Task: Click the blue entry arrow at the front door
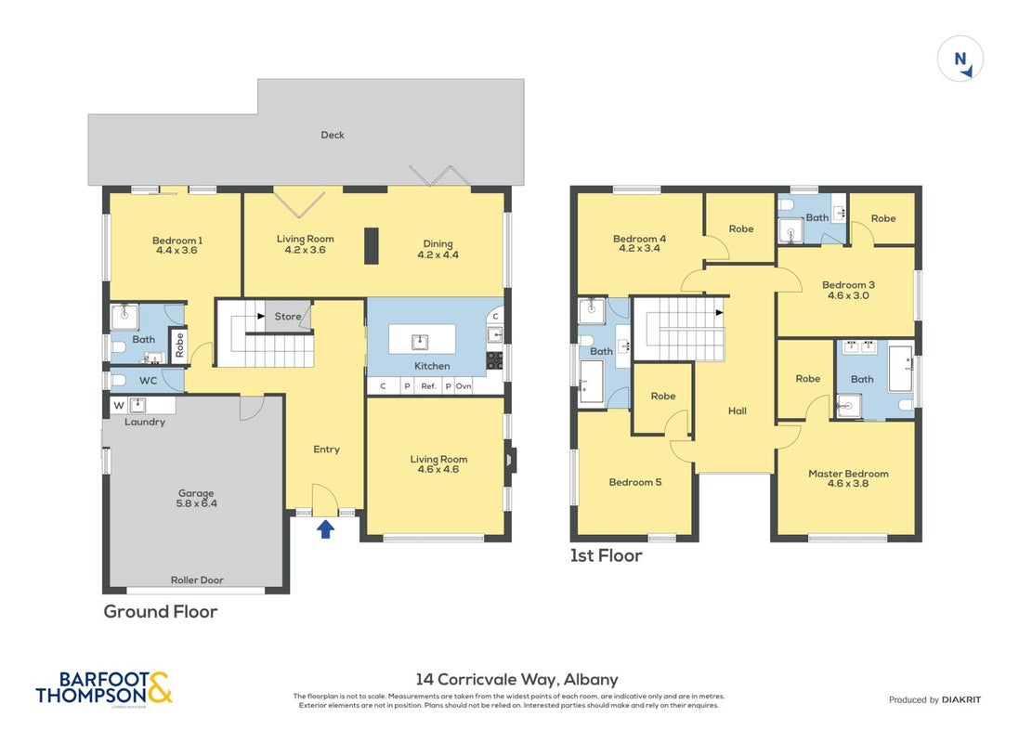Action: pos(326,529)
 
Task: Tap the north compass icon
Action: pos(960,59)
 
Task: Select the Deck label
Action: pos(333,136)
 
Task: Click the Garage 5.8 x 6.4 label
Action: pos(196,499)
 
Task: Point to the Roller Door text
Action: pos(197,580)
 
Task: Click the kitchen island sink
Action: pos(420,342)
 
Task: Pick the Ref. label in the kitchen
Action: pos(428,386)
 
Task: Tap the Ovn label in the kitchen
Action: pos(464,386)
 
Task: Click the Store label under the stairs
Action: pos(288,317)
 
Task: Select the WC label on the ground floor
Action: pos(149,381)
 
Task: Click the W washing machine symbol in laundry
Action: pos(119,406)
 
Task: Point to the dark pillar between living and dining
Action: pos(371,246)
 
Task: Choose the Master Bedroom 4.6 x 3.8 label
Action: pos(848,478)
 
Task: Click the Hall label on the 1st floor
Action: pos(737,411)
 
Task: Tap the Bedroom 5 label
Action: pos(635,482)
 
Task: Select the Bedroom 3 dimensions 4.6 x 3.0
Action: pos(848,295)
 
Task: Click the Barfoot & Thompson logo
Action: pos(104,688)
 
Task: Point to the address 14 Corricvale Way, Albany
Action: pos(516,680)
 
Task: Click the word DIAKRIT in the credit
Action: pos(961,699)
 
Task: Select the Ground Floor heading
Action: pos(161,612)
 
